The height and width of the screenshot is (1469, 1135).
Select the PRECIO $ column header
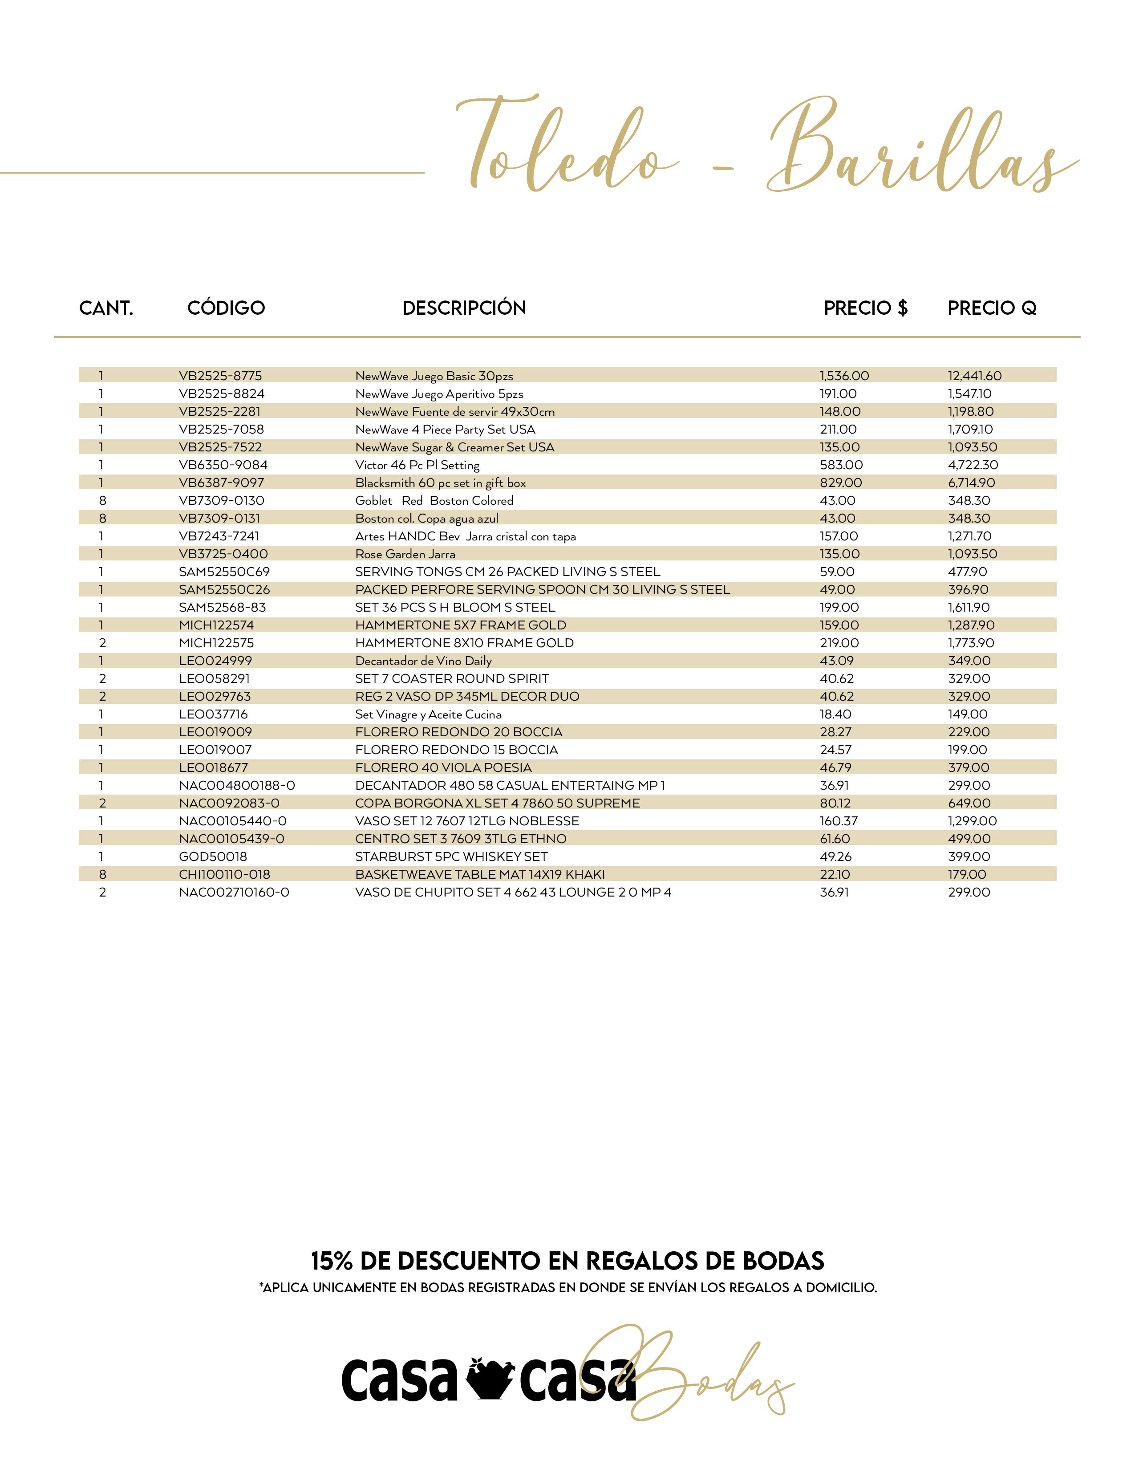(x=865, y=308)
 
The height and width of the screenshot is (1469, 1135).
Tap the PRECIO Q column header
(x=992, y=308)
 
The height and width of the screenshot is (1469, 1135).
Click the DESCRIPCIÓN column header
(x=464, y=308)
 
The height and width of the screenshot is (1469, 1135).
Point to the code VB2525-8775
(x=220, y=376)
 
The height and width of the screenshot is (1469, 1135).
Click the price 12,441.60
(x=974, y=376)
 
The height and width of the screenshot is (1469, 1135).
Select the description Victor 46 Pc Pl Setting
(x=417, y=465)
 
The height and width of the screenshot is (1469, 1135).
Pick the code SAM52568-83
(x=222, y=607)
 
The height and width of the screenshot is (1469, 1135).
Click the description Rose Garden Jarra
(x=405, y=554)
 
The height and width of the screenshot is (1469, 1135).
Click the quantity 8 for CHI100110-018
(x=102, y=874)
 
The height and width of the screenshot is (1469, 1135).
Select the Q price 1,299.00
(x=972, y=821)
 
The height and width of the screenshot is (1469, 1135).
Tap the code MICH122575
(x=216, y=643)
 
